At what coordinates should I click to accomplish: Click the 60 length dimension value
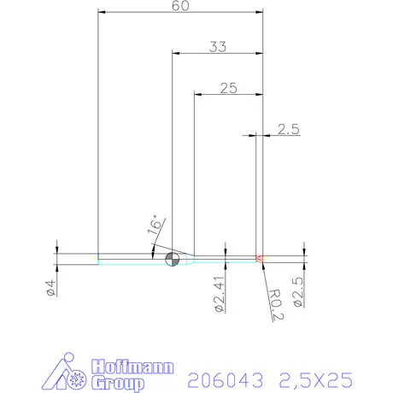(179, 6)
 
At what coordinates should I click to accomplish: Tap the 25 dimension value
(227, 88)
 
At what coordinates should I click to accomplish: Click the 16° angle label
(154, 226)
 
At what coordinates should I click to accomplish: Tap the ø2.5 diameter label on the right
(297, 290)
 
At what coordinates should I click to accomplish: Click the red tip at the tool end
(261, 258)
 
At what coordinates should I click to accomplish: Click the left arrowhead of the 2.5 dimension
(255, 134)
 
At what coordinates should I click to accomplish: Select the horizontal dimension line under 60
(179, 14)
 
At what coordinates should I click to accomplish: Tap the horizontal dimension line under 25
(227, 95)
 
